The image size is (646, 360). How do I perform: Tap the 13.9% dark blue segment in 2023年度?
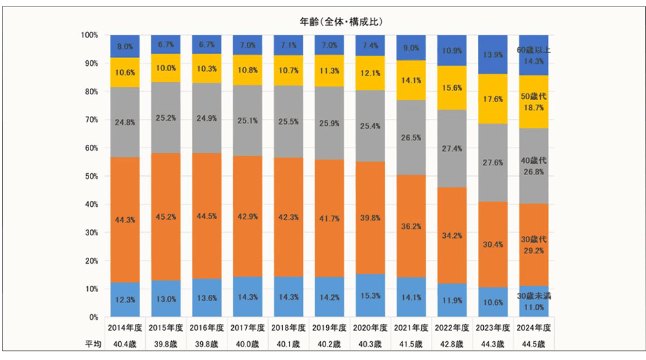pyautogui.click(x=494, y=56)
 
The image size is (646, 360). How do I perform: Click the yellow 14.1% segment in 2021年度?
pyautogui.click(x=412, y=81)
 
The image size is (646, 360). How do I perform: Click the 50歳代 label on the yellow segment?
pyautogui.click(x=534, y=96)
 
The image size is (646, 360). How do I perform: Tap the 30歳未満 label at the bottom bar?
pyautogui.click(x=534, y=295)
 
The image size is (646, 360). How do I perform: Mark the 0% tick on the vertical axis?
pyautogui.click(x=91, y=317)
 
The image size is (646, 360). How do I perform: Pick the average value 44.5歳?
pyautogui.click(x=534, y=343)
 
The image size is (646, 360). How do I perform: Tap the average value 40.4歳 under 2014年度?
pyautogui.click(x=125, y=343)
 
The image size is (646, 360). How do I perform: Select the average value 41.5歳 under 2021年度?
pyautogui.click(x=412, y=343)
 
